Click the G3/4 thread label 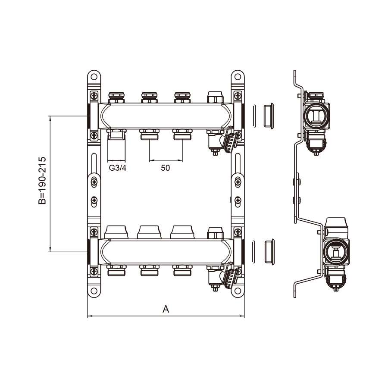pos(118,168)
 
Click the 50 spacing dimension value pos(165,168)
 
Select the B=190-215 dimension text pos(42,180)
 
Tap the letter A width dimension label pos(166,309)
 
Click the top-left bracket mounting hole pos(94,77)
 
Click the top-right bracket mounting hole pos(238,77)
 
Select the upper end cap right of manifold pos(269,116)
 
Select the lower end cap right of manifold pos(269,252)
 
